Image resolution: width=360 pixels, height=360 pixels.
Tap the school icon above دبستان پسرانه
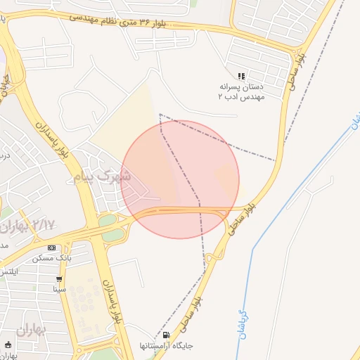point(241,76)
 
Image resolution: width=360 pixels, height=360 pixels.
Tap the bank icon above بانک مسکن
point(52,248)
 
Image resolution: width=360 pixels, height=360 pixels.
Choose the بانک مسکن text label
point(52,259)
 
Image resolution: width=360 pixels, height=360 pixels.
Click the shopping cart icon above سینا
point(60,278)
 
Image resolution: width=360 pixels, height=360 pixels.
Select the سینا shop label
point(60,288)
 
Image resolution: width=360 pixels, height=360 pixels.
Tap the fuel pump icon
point(167,335)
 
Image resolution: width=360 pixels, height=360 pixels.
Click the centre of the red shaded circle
point(181,179)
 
